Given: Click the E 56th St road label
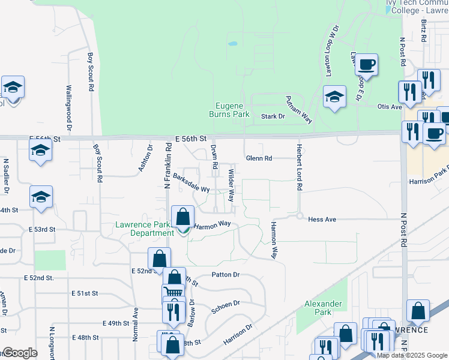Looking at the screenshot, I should (191, 139).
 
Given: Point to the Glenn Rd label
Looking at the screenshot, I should (259, 158).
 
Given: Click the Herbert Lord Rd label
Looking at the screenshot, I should (298, 167).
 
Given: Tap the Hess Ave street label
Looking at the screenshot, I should (322, 220).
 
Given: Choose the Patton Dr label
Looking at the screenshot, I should (226, 275).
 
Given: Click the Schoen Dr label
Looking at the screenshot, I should (226, 307).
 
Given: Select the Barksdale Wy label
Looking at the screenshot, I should (191, 183).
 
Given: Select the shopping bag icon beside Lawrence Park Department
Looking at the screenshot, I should (183, 218).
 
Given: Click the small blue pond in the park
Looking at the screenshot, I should (232, 44).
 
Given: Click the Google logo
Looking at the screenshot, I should (19, 353).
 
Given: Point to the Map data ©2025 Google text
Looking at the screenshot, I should (412, 355).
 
